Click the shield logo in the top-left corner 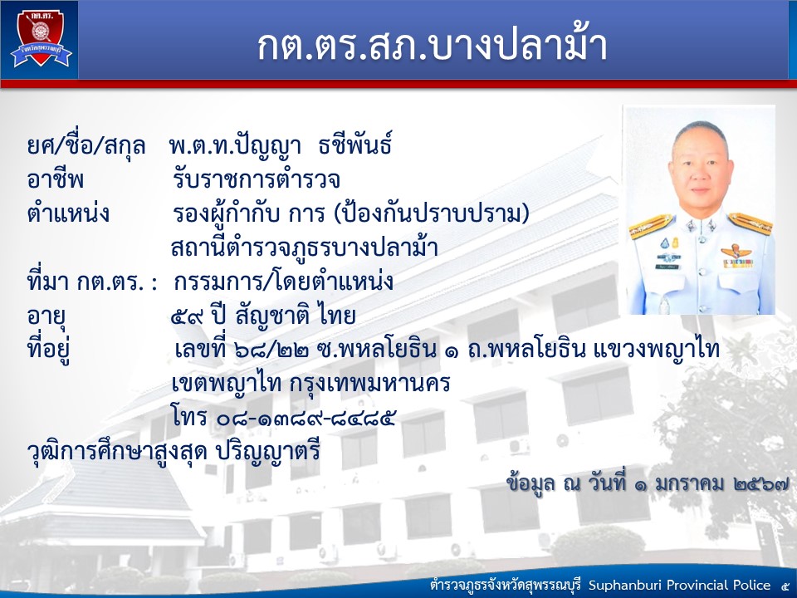coord(41,39)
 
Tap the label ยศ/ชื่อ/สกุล coord(86,146)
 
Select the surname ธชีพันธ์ coord(354,145)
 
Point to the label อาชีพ coord(56,179)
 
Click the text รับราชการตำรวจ coord(257,179)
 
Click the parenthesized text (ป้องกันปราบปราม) coord(432,213)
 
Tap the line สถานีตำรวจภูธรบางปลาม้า coord(305,248)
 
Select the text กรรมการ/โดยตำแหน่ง coord(283,282)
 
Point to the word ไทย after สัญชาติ coord(335,316)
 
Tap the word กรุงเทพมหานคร coord(370,384)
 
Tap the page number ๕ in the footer coord(785,586)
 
